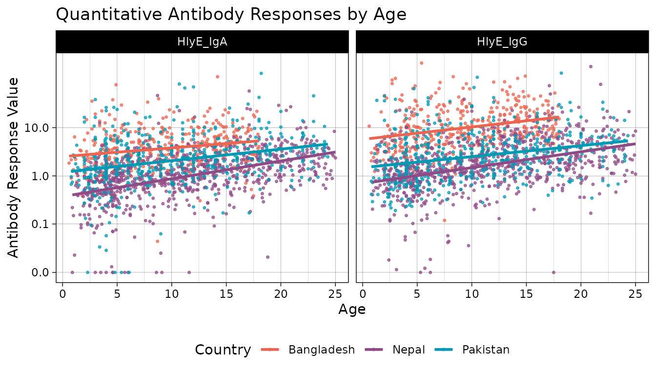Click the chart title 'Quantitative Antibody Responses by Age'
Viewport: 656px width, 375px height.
click(x=231, y=14)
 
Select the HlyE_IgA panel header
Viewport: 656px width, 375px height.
click(x=202, y=42)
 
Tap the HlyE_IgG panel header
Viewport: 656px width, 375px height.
click(x=502, y=42)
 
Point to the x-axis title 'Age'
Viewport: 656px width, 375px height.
click(x=351, y=310)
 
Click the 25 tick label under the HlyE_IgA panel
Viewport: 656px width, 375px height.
click(x=335, y=294)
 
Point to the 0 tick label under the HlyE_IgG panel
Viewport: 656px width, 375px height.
click(x=363, y=294)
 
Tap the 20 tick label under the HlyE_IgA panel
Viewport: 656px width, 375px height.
click(x=280, y=294)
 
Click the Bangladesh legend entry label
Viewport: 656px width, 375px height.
click(x=321, y=350)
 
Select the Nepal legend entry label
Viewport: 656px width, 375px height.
click(x=409, y=350)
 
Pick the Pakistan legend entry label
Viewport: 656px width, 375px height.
click(x=486, y=350)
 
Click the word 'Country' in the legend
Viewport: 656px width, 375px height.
click(x=223, y=350)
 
